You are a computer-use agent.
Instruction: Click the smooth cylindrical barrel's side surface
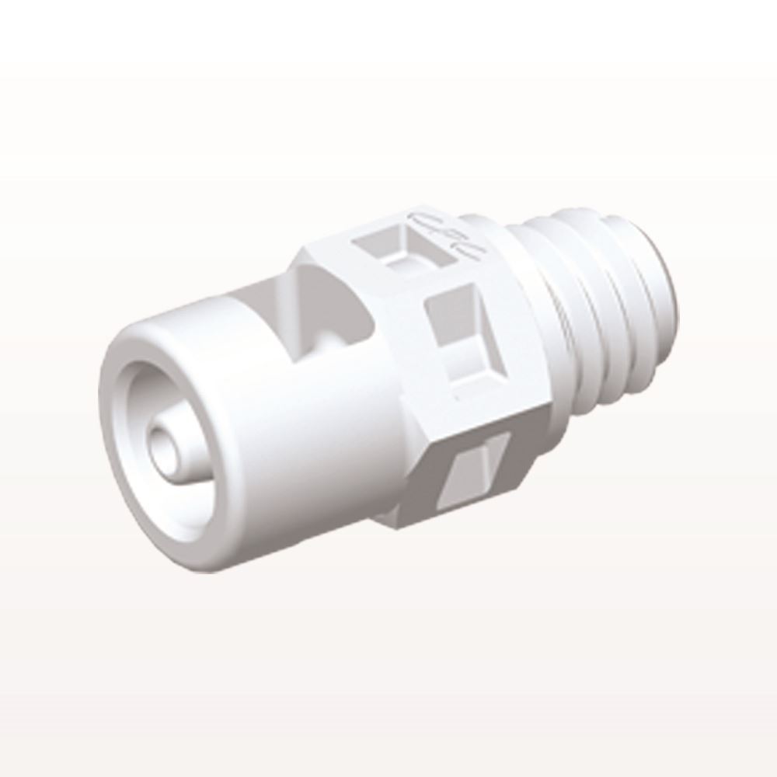point(311,435)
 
